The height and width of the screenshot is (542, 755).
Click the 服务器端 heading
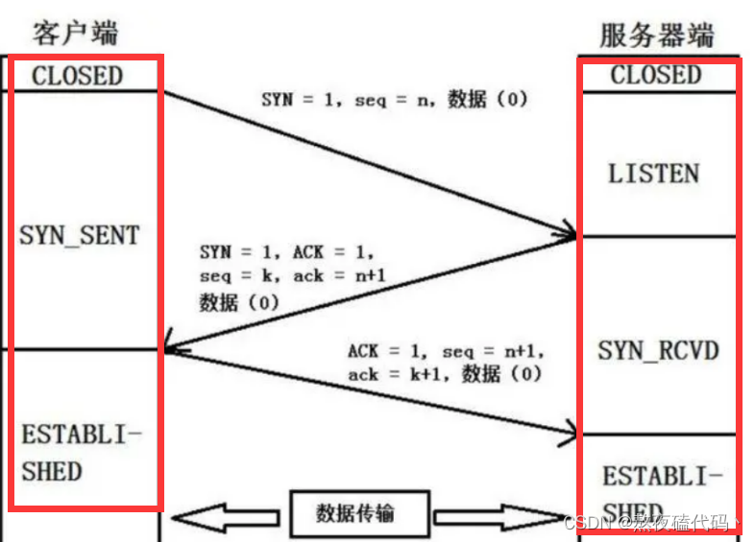click(657, 35)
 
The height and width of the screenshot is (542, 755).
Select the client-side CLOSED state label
click(77, 76)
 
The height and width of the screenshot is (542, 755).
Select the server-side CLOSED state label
click(656, 75)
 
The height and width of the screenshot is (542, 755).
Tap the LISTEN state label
click(653, 174)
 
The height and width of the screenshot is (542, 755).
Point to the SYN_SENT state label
click(80, 235)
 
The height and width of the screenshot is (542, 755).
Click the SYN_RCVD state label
click(658, 350)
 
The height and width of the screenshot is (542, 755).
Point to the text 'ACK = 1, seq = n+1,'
click(446, 352)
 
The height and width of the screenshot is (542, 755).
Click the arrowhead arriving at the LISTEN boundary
click(567, 233)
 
